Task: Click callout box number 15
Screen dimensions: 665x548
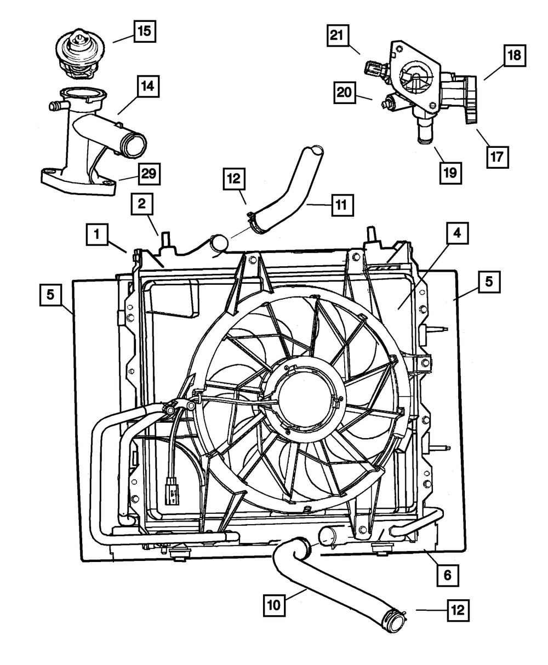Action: (143, 31)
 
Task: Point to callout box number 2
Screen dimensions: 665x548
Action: (141, 205)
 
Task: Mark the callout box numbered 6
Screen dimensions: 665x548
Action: (448, 575)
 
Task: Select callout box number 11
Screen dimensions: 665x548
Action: (341, 206)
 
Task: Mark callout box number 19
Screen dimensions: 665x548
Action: (449, 171)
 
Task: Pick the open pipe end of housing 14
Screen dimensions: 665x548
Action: (135, 145)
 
